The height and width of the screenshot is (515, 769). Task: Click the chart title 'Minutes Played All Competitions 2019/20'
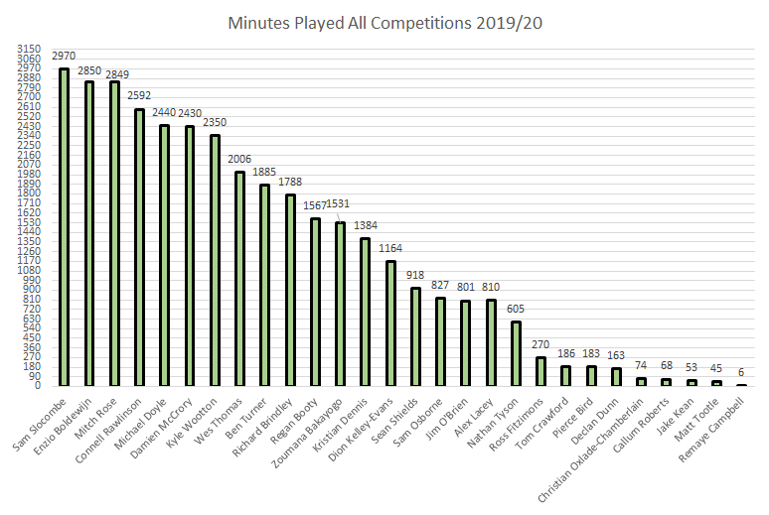(385, 21)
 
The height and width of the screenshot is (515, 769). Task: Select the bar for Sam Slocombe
(64, 227)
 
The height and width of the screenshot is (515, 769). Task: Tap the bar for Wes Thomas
(240, 279)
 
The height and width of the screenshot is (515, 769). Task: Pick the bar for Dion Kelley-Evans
(391, 323)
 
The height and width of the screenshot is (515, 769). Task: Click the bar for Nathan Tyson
(516, 353)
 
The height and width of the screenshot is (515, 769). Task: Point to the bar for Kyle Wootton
(215, 260)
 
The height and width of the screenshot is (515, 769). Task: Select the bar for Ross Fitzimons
(541, 371)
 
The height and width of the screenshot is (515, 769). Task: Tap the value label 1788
(290, 184)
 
